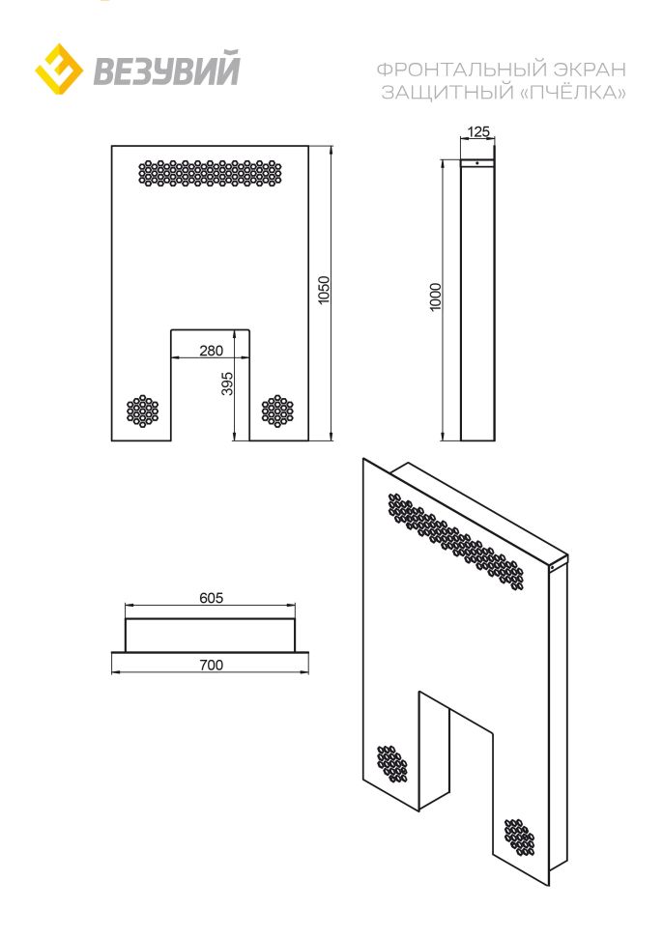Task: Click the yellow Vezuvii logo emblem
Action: (59, 69)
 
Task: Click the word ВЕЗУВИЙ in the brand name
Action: (167, 69)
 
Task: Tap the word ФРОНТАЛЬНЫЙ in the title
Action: (462, 69)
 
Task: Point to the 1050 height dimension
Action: (324, 290)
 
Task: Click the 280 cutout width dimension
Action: (211, 351)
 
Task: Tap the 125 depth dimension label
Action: (478, 131)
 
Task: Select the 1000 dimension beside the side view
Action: (435, 297)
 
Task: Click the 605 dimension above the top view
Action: (211, 598)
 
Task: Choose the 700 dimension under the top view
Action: (211, 665)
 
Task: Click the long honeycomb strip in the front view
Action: (210, 173)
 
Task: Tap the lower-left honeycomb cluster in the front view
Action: (142, 412)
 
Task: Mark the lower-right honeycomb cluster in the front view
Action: (277, 412)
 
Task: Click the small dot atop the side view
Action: (477, 162)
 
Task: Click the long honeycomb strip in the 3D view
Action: (455, 541)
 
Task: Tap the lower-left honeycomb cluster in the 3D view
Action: (392, 764)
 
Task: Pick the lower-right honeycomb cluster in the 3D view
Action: (519, 838)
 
